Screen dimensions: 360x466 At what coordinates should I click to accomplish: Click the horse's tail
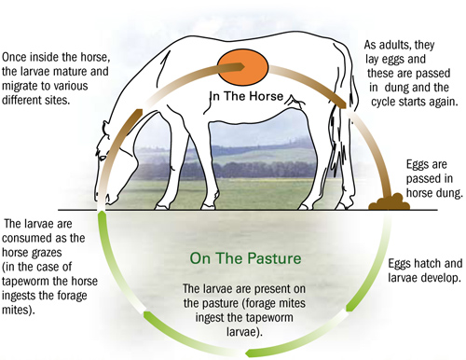(x=352, y=121)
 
